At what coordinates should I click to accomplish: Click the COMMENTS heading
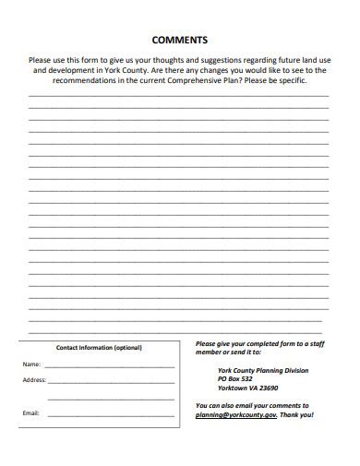[x=179, y=40]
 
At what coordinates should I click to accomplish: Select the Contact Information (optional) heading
[x=100, y=348]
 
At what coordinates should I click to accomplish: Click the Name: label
[x=31, y=364]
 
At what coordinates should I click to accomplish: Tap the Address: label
[x=34, y=380]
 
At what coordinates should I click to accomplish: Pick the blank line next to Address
[x=111, y=383]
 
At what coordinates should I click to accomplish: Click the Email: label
[x=30, y=412]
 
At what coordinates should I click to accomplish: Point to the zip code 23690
[x=267, y=388]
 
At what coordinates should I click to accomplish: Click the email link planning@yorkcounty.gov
[x=235, y=415]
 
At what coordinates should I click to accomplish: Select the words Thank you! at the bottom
[x=297, y=415]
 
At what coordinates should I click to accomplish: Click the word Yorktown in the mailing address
[x=231, y=388]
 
